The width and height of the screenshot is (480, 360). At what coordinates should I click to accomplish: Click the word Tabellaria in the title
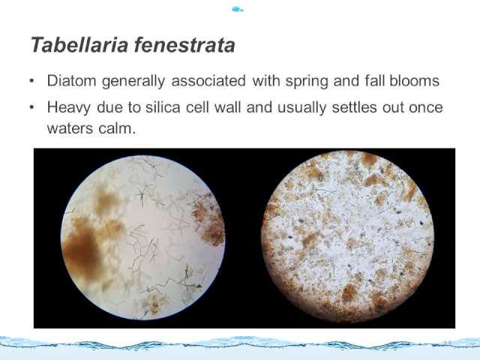[79, 45]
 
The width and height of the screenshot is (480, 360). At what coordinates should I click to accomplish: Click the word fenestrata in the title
[184, 45]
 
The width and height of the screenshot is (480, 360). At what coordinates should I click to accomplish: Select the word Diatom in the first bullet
[72, 81]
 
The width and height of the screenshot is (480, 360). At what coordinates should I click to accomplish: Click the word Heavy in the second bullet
[68, 108]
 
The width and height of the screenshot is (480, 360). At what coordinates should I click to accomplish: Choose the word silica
[163, 107]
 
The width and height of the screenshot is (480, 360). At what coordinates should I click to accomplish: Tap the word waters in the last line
[70, 128]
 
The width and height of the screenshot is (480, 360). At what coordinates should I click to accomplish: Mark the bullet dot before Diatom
[31, 81]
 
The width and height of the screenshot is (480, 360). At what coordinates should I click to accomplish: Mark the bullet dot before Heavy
[31, 107]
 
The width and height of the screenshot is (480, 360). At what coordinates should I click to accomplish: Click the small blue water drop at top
[238, 9]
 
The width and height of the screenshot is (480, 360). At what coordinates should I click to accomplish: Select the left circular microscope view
[143, 238]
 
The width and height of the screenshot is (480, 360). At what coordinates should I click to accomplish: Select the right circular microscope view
[347, 237]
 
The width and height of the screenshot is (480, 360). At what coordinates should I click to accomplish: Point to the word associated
[208, 81]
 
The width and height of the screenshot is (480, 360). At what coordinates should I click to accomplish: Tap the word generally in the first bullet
[133, 82]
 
